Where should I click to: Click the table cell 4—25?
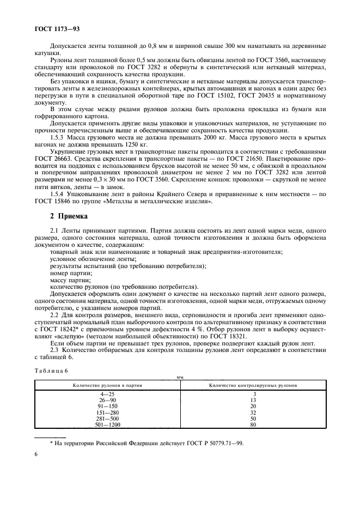[x=107, y=394]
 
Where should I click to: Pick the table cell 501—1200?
[x=107, y=424]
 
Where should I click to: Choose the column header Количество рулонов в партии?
[x=107, y=385]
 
